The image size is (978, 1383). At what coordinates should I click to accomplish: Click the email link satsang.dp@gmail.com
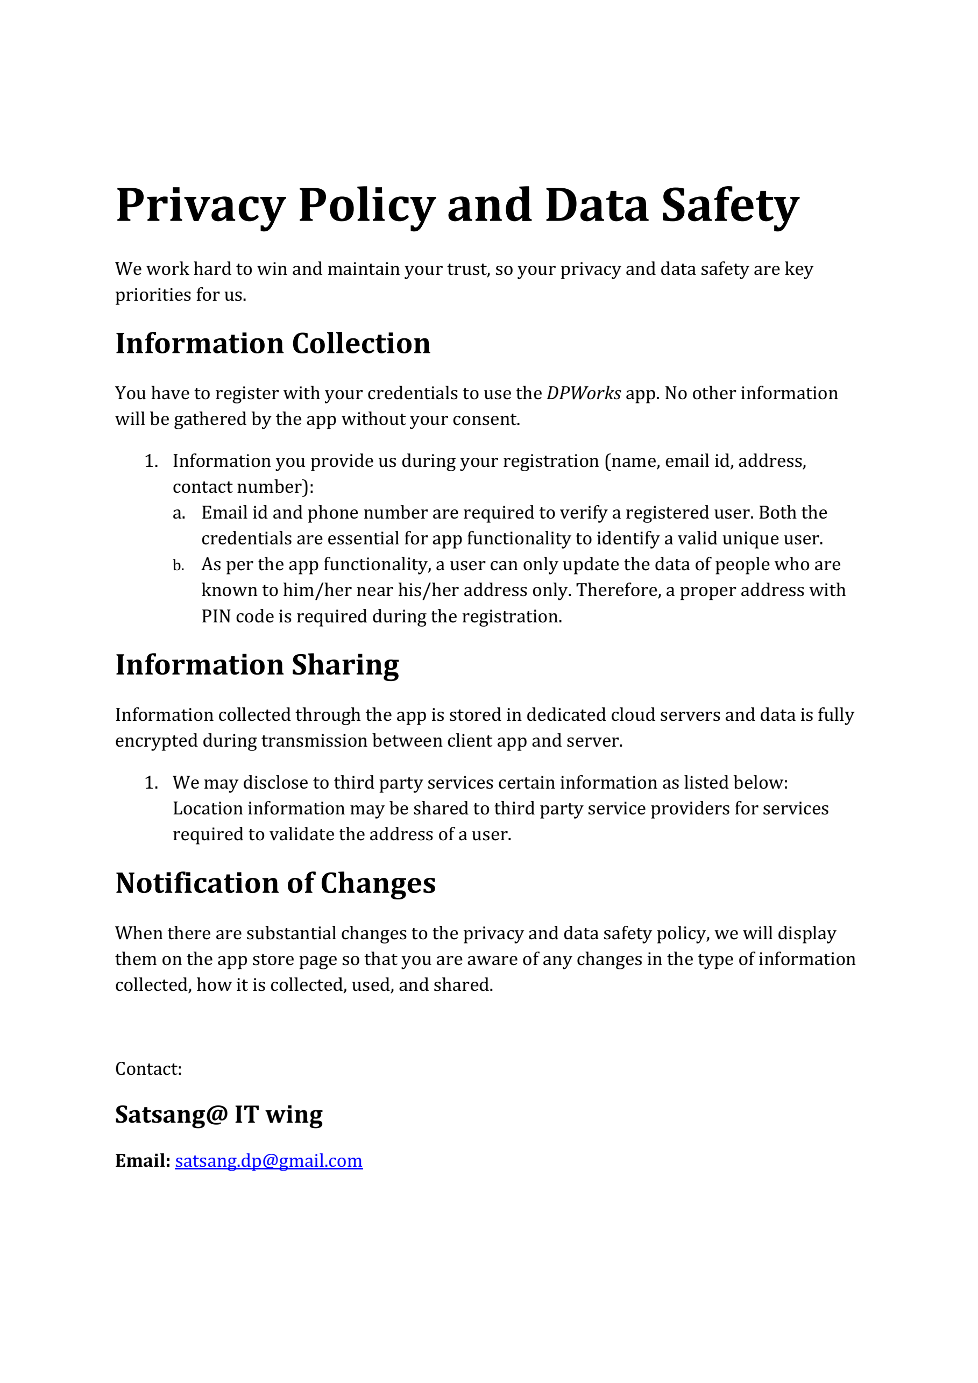(268, 1160)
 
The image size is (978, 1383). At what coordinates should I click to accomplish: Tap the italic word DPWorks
(584, 393)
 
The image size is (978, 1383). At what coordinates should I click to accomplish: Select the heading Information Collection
(273, 343)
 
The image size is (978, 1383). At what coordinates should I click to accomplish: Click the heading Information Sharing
(257, 665)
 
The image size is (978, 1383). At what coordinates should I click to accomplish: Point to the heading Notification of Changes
(275, 883)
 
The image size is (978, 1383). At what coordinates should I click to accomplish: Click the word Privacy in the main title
(200, 206)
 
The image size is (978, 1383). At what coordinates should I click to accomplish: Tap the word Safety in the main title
(730, 206)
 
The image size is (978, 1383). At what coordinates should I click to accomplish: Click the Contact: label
(148, 1068)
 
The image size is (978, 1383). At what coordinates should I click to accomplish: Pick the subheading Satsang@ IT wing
(218, 1115)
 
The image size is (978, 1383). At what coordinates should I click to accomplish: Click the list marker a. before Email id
(179, 513)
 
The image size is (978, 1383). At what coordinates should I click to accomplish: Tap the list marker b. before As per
(178, 565)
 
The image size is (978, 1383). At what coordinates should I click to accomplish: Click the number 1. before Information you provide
(151, 462)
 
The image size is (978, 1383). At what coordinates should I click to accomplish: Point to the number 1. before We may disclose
(151, 783)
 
